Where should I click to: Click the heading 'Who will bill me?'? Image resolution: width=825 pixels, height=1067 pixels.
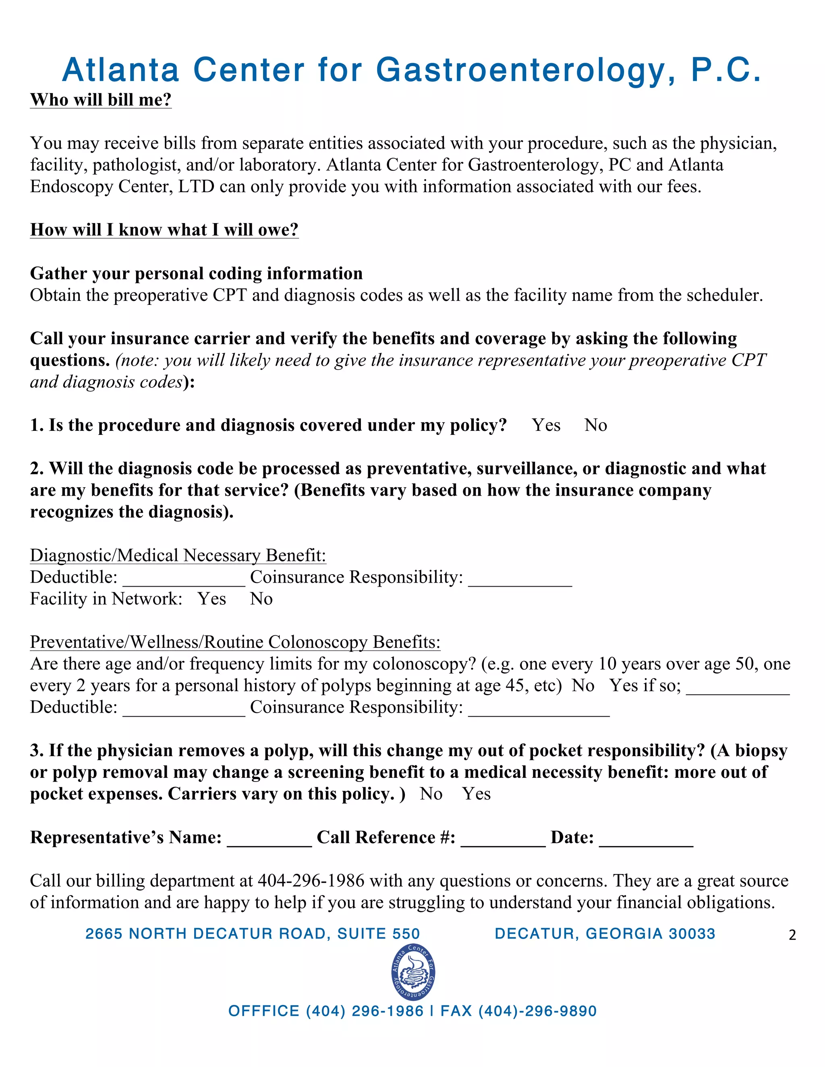point(101,100)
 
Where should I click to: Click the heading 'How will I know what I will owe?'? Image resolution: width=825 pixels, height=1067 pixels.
point(164,230)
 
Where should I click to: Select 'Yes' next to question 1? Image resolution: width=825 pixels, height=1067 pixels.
point(546,425)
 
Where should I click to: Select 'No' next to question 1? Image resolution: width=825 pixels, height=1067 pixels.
point(595,425)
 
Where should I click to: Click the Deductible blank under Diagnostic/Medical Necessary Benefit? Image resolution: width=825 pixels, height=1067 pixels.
point(184,579)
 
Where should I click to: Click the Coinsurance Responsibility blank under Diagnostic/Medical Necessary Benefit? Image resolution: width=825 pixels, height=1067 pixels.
point(520,579)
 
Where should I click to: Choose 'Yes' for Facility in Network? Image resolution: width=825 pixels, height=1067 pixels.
point(211,599)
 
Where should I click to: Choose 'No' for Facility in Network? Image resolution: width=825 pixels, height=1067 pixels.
point(261,599)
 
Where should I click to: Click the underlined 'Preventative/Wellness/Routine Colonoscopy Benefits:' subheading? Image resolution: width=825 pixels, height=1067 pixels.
point(235,642)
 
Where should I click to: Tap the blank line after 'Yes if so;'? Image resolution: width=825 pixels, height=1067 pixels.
point(738,687)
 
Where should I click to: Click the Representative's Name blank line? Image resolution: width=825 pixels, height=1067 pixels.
point(269,840)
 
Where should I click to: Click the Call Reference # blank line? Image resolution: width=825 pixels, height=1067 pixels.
point(503,840)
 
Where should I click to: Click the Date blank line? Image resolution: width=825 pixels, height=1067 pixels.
point(646,840)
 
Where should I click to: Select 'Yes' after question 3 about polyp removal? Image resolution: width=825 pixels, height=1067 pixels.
point(476,794)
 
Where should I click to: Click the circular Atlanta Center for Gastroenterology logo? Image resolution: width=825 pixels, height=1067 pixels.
point(413,973)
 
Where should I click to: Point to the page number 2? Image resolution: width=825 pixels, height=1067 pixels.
point(792,935)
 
